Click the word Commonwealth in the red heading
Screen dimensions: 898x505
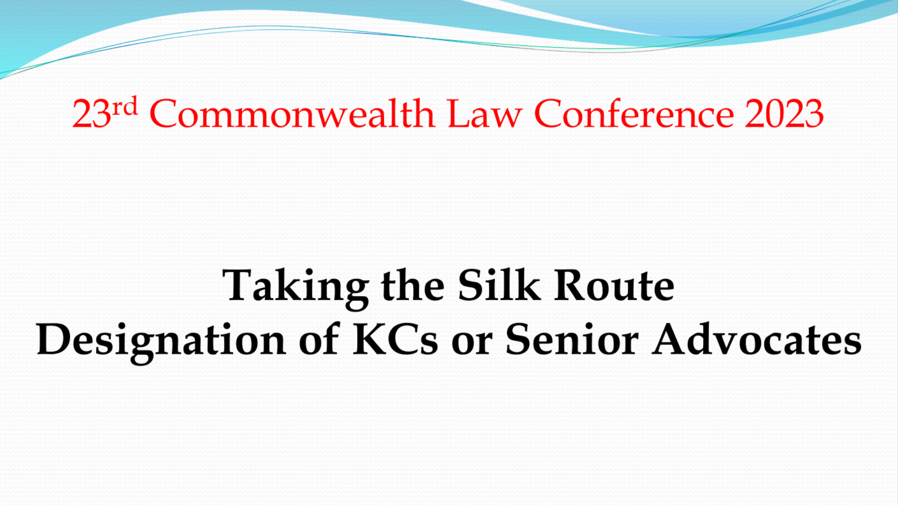point(292,114)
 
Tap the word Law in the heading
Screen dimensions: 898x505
point(485,114)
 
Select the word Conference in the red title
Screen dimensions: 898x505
point(634,114)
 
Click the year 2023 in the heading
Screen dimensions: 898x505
point(784,114)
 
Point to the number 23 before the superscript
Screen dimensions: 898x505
point(92,114)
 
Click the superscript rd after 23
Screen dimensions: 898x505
point(125,106)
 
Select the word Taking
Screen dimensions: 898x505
point(296,286)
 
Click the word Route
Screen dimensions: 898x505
point(614,285)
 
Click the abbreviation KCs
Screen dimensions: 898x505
point(396,339)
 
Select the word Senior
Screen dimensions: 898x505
point(572,339)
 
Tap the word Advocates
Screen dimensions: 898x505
point(757,339)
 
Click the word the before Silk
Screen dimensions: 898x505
point(413,285)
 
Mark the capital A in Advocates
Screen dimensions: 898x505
point(671,339)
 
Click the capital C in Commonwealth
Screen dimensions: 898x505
point(164,114)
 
